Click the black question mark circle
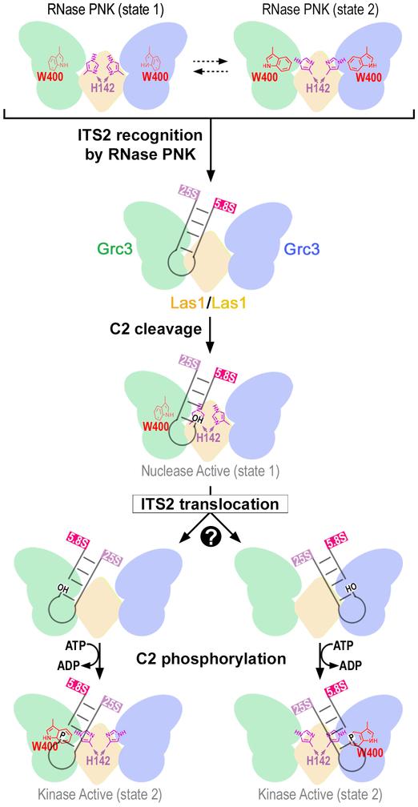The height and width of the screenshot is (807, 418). tap(210, 532)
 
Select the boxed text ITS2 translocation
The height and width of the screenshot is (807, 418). tap(208, 504)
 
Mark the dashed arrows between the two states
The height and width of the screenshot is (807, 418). tap(207, 62)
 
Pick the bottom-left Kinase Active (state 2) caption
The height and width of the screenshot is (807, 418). tap(104, 797)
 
